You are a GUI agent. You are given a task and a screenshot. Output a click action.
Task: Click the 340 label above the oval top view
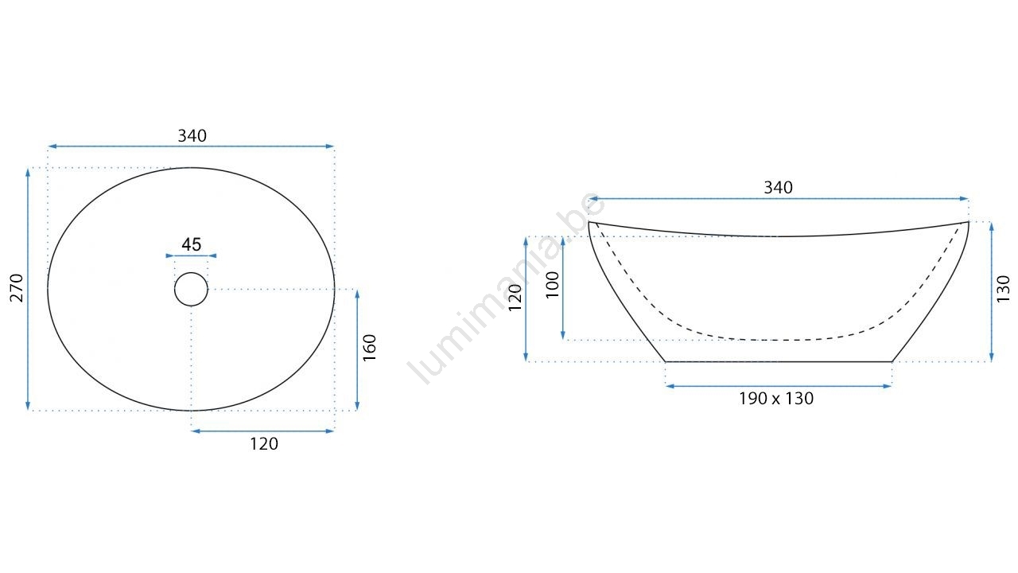(x=192, y=135)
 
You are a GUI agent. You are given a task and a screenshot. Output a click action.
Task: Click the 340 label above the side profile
(x=778, y=187)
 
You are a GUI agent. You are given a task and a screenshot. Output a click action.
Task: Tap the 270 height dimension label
(x=17, y=288)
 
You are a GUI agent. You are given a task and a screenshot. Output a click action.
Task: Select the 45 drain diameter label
(x=192, y=244)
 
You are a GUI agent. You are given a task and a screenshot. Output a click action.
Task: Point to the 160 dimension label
(x=370, y=348)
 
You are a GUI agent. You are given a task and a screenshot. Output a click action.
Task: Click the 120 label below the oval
(x=264, y=444)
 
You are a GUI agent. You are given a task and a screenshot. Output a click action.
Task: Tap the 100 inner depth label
(x=552, y=285)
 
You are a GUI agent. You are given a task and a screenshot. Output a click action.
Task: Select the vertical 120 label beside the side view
(x=515, y=298)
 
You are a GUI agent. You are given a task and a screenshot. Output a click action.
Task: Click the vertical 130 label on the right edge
(x=1003, y=289)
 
